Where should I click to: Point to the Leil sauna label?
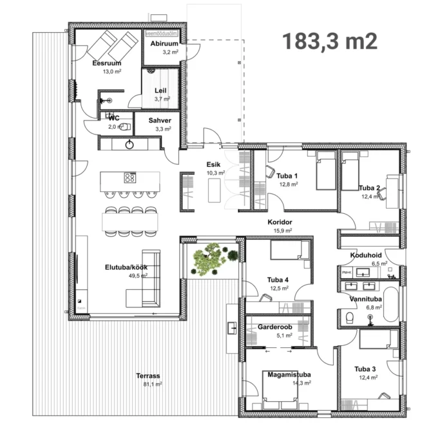click(160, 91)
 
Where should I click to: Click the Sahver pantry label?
click(160, 120)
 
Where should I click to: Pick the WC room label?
click(114, 118)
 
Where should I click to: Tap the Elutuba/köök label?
click(126, 267)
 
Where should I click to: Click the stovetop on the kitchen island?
click(129, 178)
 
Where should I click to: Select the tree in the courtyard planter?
click(209, 259)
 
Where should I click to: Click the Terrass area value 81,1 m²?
click(152, 385)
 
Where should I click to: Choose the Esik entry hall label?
click(214, 165)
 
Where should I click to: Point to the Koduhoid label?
click(367, 255)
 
